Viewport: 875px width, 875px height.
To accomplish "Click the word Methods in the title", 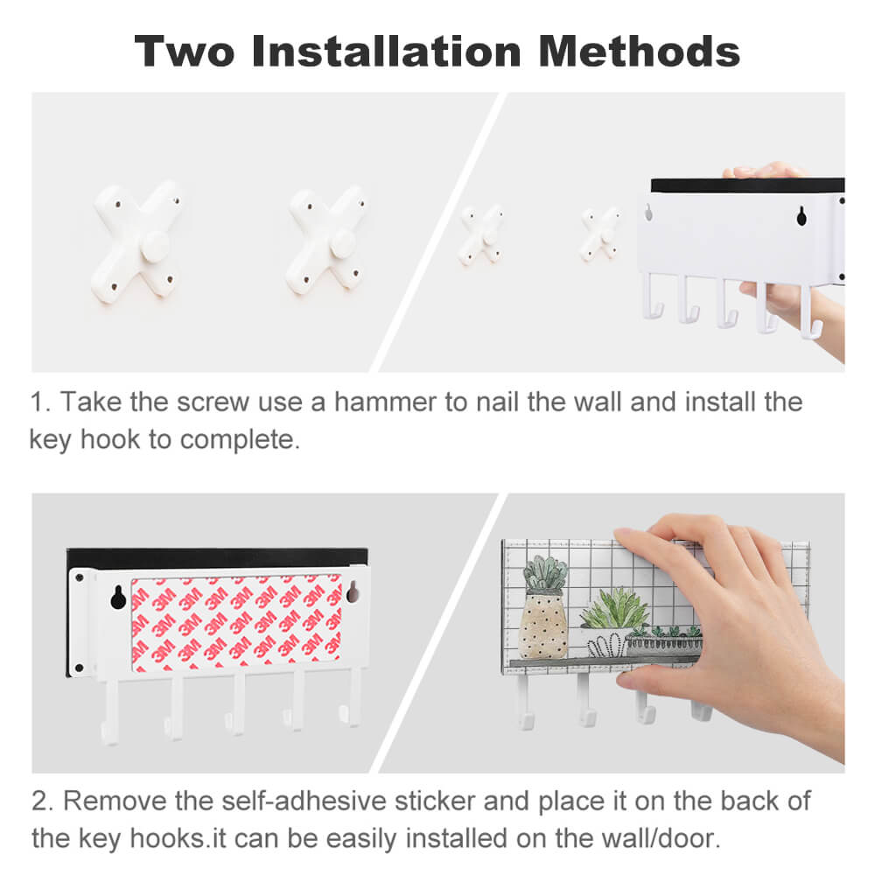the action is click(639, 51).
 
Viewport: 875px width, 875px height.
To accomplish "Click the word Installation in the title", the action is click(386, 51).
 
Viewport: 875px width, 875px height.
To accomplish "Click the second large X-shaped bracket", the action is click(327, 240).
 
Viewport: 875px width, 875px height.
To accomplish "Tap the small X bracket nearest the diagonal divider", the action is click(481, 234).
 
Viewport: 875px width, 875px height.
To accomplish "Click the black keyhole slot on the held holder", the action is click(801, 216).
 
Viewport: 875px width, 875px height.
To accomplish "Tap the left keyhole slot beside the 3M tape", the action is click(118, 597).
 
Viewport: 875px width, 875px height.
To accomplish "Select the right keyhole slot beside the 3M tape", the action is click(353, 592).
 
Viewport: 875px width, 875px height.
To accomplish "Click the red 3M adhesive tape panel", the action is click(236, 621).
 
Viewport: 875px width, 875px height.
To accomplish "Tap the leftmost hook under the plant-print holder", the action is click(525, 703).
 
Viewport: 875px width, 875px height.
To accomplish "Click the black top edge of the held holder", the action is click(748, 185).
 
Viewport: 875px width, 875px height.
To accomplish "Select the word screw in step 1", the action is click(213, 402).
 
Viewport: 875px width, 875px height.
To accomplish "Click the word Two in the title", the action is click(185, 51).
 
